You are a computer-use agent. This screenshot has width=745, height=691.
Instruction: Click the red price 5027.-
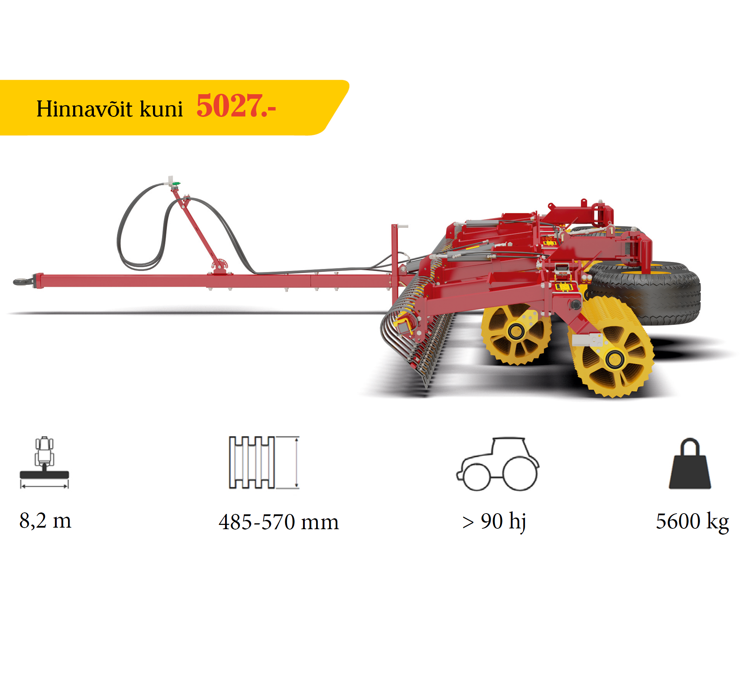coord(236,106)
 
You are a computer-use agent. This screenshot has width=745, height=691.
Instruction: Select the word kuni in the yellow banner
coord(161,109)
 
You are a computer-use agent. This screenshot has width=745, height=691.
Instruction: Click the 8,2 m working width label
coord(45,521)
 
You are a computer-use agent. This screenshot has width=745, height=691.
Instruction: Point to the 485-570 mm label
coord(279,522)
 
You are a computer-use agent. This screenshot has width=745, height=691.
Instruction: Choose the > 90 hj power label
coord(494,521)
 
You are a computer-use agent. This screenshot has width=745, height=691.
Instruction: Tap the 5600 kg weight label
coord(692,521)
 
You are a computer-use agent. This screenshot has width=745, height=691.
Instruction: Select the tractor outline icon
coord(498,464)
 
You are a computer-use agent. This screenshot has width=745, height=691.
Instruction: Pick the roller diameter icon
coord(264,462)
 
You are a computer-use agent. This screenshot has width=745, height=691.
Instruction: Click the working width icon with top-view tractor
coord(44,462)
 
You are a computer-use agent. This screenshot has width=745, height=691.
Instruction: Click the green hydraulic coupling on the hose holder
coord(176,183)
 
